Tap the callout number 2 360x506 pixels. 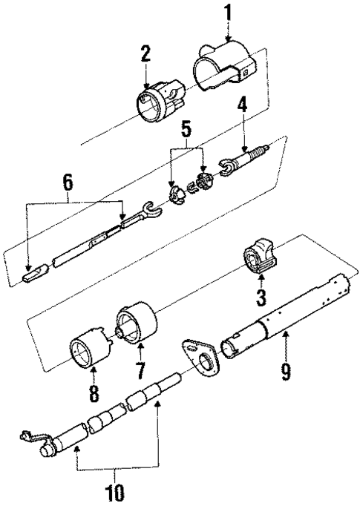[x=145, y=53]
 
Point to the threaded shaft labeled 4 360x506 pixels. [x=249, y=158]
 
